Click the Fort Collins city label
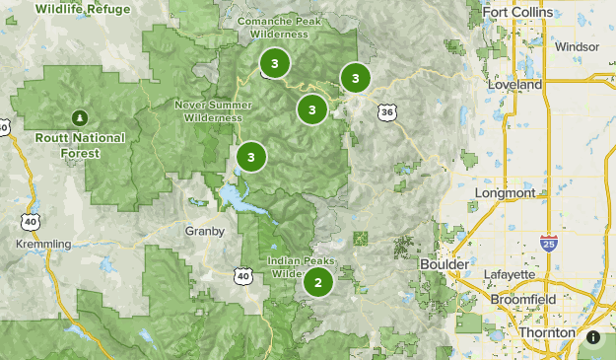click(x=520, y=15)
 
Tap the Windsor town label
click(x=577, y=46)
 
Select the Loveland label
click(x=514, y=85)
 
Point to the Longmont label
click(x=505, y=193)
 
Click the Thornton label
click(x=547, y=333)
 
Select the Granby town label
click(x=205, y=231)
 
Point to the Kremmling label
click(x=43, y=244)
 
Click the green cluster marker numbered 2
click(x=317, y=283)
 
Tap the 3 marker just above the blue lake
click(x=251, y=156)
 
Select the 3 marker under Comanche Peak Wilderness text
click(x=274, y=64)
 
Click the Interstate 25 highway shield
click(x=548, y=242)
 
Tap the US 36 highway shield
click(x=386, y=112)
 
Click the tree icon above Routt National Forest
click(x=79, y=117)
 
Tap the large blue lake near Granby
click(x=240, y=198)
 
